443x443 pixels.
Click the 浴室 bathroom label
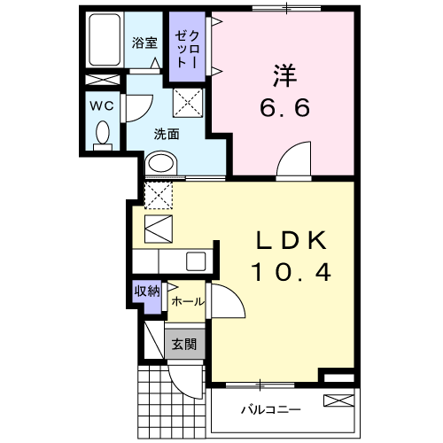pyautogui.click(x=144, y=42)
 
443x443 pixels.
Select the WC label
pyautogui.click(x=101, y=105)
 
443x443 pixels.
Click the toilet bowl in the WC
pyautogui.click(x=102, y=136)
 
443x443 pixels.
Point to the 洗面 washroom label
pyautogui.click(x=167, y=135)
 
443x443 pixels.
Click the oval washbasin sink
pyautogui.click(x=160, y=164)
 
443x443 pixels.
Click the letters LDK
pyautogui.click(x=292, y=240)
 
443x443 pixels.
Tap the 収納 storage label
pyautogui.click(x=146, y=291)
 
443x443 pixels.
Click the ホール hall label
pyautogui.click(x=186, y=301)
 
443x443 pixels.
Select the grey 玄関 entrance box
pyautogui.click(x=184, y=344)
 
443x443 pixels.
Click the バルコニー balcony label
pyautogui.click(x=271, y=409)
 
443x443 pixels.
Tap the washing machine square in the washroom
pyautogui.click(x=189, y=105)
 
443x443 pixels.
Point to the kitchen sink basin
pyautogui.click(x=196, y=260)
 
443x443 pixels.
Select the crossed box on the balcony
pyautogui.click(x=338, y=400)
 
